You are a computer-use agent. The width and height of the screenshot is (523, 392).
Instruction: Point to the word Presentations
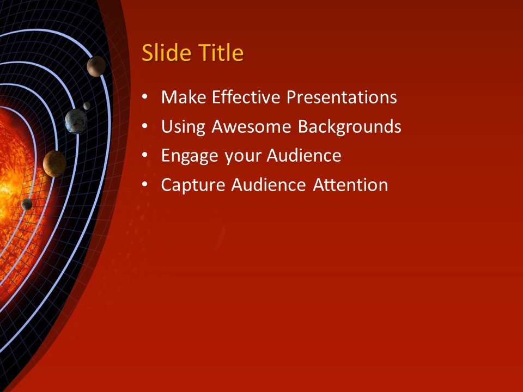click(342, 97)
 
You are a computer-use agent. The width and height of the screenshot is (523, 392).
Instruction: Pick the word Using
click(183, 127)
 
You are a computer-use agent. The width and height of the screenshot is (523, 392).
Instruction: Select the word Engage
click(190, 156)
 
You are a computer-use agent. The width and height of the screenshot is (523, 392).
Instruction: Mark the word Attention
click(350, 185)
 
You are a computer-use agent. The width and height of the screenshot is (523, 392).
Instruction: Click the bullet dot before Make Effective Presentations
click(144, 98)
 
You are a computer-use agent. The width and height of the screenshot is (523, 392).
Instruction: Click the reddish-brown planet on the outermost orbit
click(96, 66)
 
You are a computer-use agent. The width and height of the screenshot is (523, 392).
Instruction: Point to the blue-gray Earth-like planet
click(76, 121)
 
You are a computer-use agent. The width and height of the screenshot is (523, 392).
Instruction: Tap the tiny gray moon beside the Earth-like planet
click(87, 106)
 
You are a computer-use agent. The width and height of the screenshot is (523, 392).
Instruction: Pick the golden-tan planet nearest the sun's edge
click(54, 163)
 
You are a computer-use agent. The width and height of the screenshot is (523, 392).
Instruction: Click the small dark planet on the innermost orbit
click(27, 204)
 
